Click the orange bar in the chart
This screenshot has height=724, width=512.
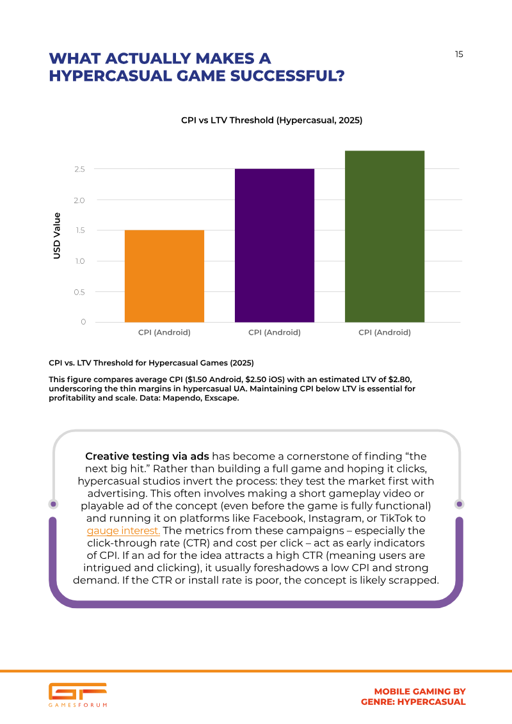pos(164,276)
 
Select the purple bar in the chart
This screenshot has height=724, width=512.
pos(274,245)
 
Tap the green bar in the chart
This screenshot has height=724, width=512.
pos(385,236)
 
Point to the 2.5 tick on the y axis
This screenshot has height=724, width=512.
pos(79,170)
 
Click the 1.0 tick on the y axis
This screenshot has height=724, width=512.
pos(79,261)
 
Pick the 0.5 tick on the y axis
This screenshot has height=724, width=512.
pos(79,293)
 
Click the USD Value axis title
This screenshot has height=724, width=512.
pos(57,236)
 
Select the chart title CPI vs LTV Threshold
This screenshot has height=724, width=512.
pos(271,120)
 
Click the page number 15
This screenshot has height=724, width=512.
pos(459,54)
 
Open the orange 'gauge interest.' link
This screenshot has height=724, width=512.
pos(124,531)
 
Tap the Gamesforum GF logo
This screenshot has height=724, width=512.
pos(78,695)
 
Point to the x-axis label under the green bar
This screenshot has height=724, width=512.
pos(385,332)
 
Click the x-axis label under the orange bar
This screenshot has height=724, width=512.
pos(164,332)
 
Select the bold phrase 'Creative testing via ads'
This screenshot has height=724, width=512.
pos(147,456)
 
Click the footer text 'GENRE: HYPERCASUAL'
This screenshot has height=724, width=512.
pos(413,702)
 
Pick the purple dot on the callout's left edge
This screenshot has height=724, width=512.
pos(54,504)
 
